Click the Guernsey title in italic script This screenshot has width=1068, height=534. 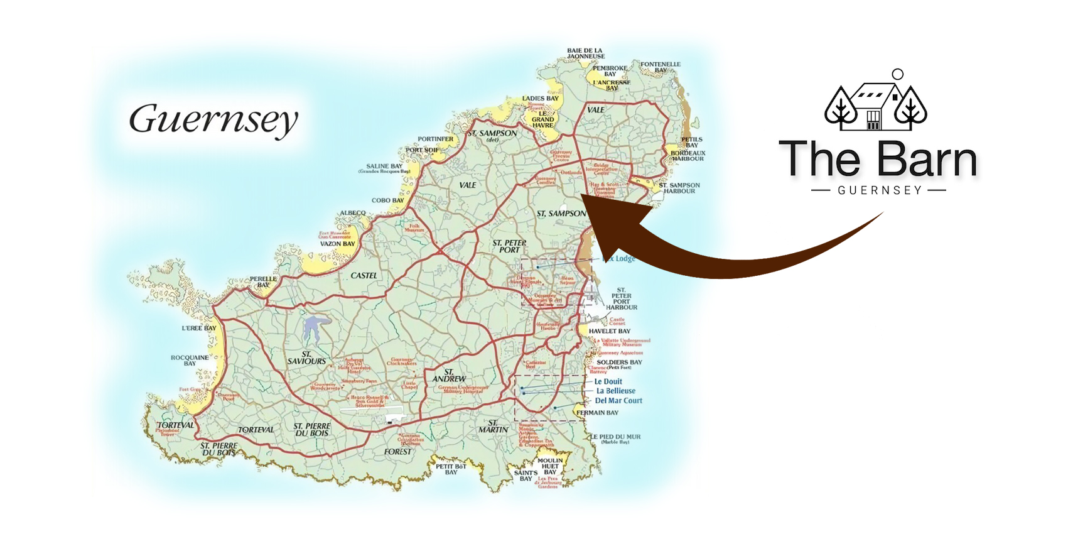213,119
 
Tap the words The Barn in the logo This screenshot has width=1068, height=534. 878,160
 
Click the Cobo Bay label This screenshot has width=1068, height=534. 388,200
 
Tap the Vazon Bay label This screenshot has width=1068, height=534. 338,244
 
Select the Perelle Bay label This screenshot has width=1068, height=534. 263,281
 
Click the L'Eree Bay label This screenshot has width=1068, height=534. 199,328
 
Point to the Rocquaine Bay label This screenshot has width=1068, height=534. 190,360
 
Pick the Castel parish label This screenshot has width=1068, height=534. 364,275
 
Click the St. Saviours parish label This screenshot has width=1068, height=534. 306,358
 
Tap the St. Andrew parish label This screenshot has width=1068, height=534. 449,376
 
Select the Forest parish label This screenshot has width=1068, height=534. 398,451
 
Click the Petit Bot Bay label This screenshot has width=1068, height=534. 451,469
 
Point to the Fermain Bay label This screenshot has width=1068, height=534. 598,413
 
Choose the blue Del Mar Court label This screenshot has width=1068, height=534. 618,401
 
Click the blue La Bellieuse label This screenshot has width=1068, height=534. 615,391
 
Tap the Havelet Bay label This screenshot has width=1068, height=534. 609,331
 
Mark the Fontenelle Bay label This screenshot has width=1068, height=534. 661,67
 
